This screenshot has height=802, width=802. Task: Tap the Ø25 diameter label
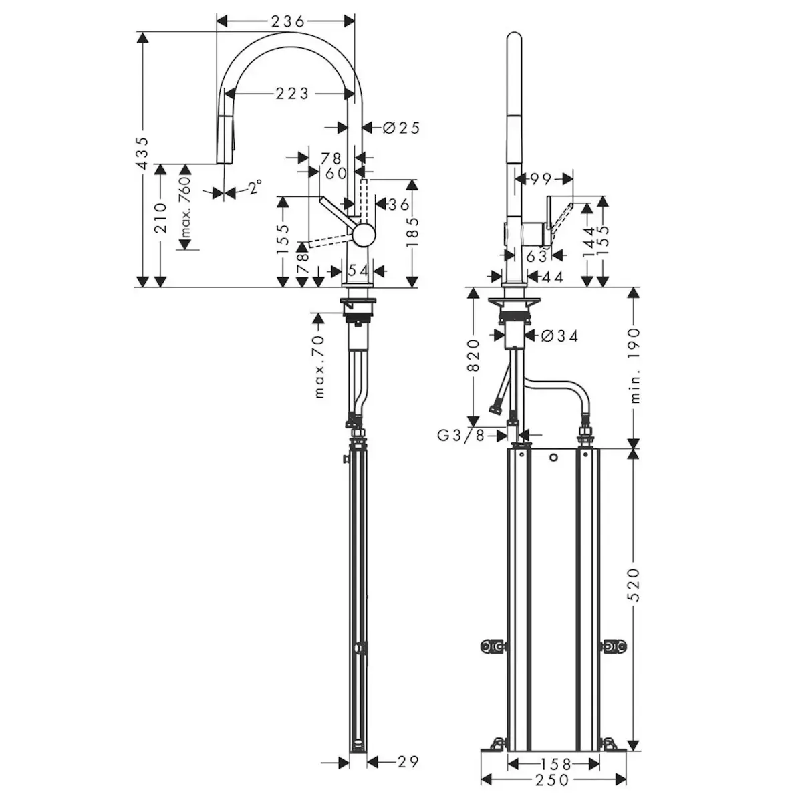point(402,126)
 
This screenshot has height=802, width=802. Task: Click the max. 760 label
point(185,208)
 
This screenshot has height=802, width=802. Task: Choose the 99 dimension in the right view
point(543,178)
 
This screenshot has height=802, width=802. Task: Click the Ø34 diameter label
point(559,336)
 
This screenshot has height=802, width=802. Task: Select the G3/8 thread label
point(461,436)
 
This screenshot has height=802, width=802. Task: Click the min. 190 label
point(635,365)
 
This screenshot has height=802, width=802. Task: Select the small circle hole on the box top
point(553,458)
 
